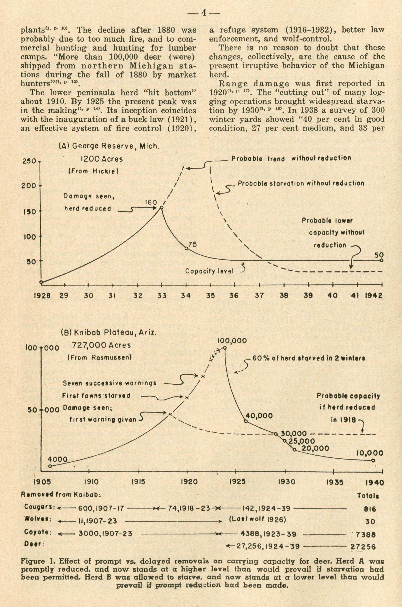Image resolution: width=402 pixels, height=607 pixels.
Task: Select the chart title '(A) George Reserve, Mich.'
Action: click(109, 146)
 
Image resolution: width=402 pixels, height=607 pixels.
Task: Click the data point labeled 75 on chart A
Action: click(186, 248)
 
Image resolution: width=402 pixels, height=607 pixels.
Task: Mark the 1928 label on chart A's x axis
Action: click(42, 296)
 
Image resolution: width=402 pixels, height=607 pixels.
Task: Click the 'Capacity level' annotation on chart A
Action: click(209, 271)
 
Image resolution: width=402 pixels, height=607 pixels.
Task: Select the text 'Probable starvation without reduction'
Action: click(301, 184)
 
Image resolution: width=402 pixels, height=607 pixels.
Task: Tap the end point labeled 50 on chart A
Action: click(381, 260)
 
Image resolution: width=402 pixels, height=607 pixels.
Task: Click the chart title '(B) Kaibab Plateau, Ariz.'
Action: click(109, 333)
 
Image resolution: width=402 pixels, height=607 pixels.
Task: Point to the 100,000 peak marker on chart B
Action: click(225, 348)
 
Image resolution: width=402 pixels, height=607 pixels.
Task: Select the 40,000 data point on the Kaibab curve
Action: click(245, 421)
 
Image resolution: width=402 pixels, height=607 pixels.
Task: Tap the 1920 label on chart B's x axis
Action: click(189, 482)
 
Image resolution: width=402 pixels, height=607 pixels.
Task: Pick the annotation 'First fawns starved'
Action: click(96, 395)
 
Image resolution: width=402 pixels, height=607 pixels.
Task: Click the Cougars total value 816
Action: click(370, 509)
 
